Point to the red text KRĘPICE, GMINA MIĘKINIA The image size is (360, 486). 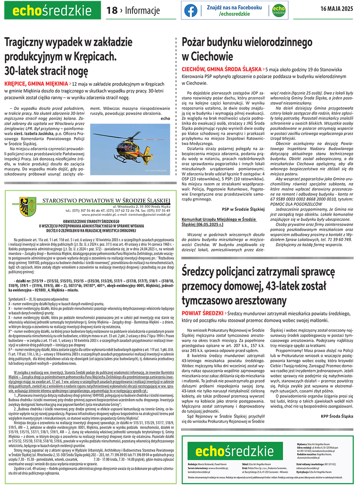point(36,84)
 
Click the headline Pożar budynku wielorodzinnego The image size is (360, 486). point(247,42)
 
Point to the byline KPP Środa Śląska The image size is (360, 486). point(337,416)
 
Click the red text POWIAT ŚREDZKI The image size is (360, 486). point(202,313)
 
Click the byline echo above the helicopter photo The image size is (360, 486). point(165,118)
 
